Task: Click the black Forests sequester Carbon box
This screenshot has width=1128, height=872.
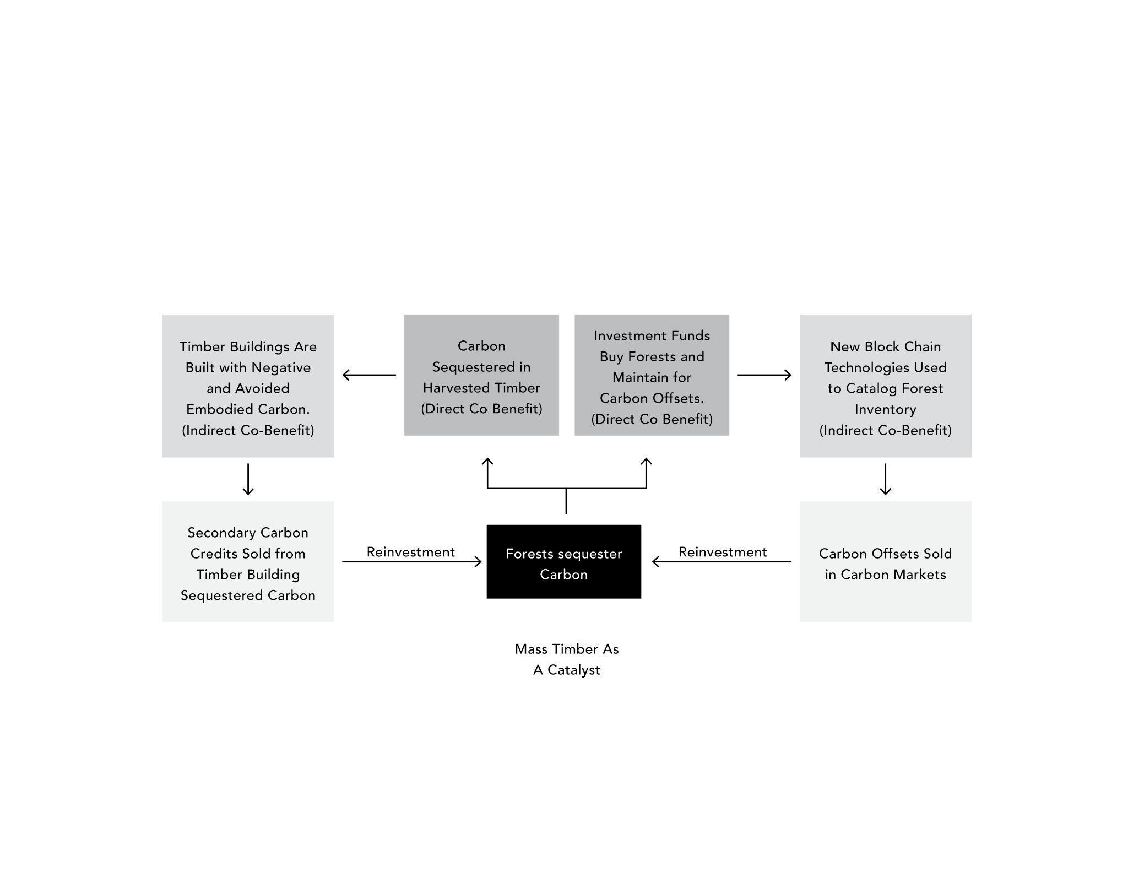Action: point(563,561)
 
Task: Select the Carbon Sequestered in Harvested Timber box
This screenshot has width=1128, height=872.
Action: point(481,375)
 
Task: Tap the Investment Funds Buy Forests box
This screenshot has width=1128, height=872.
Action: point(652,375)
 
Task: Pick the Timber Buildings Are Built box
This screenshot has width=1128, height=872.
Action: point(248,386)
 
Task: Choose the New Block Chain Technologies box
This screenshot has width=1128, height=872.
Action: point(885,386)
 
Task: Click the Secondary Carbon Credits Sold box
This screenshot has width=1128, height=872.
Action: point(248,561)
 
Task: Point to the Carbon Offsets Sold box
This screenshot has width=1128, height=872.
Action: point(885,561)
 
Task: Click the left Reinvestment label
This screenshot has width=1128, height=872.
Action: point(410,552)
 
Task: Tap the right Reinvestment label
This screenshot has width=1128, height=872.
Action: point(723,552)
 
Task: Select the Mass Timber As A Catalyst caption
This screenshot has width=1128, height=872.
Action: point(566,659)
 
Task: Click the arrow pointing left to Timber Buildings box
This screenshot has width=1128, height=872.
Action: point(368,375)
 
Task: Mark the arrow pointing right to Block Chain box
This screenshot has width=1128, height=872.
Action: point(764,375)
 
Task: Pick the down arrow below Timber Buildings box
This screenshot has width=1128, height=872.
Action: point(248,479)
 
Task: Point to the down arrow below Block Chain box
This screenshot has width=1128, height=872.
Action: point(885,479)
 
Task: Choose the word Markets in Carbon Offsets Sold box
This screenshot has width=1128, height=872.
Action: point(920,575)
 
